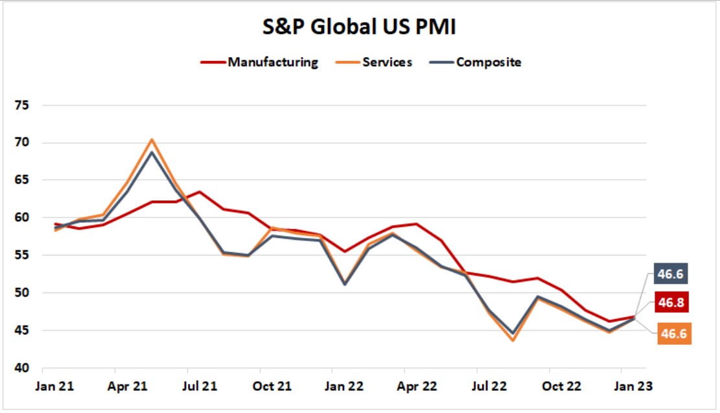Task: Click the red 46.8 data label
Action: [671, 303]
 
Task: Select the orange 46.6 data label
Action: [674, 333]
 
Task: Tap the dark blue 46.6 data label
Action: [671, 274]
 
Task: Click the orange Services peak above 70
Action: [152, 139]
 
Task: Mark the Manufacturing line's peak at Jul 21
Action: [200, 192]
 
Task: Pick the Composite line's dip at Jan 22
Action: [344, 284]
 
